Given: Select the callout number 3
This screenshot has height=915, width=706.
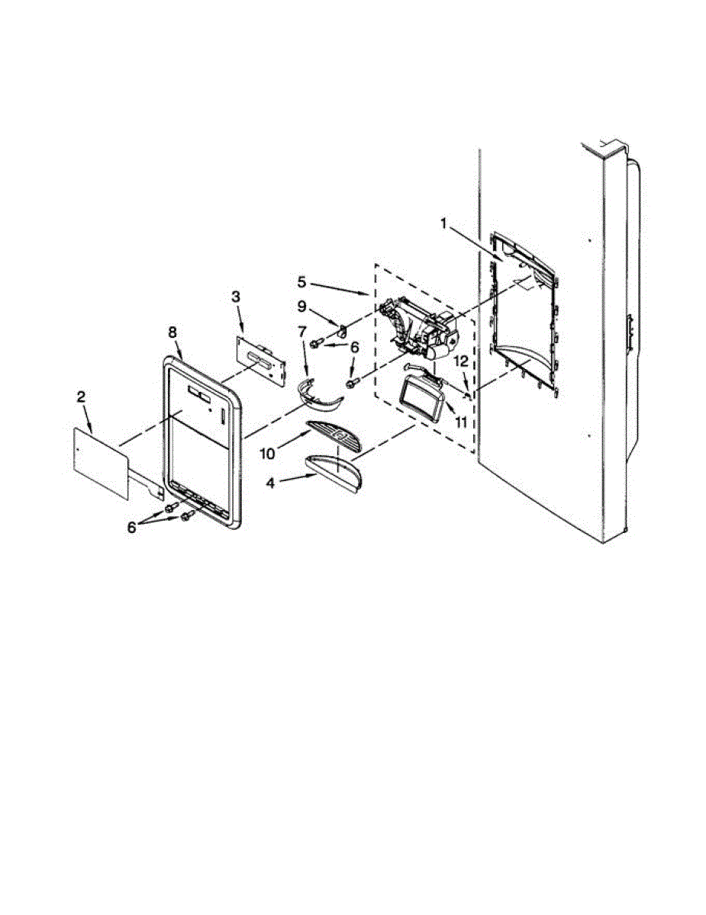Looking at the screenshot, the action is pos(236,295).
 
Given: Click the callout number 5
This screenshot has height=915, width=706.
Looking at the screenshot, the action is pos(302,281).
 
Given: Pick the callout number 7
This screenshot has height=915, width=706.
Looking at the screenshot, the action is pos(302,332).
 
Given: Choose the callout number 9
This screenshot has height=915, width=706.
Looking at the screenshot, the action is pos(301,307).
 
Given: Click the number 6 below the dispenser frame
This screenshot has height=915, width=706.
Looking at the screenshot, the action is pos(131,527).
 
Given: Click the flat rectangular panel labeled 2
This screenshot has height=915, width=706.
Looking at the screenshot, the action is pos(102,462).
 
